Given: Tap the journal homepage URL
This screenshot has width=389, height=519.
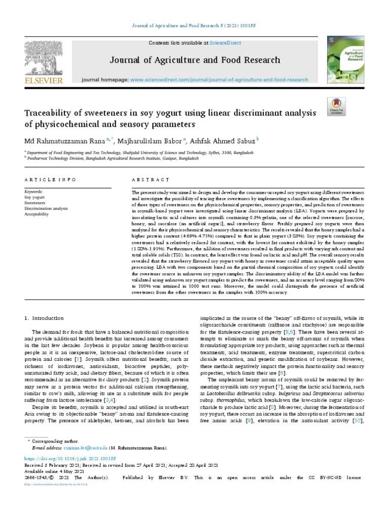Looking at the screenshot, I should click(219, 80).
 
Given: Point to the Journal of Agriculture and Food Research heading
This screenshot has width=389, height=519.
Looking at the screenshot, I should click(194, 61).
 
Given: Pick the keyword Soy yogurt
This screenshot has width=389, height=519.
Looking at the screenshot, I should click(34, 198).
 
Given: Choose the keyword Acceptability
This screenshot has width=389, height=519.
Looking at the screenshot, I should click(37, 214).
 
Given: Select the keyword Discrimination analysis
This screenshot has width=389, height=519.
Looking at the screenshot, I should click(46, 209).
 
